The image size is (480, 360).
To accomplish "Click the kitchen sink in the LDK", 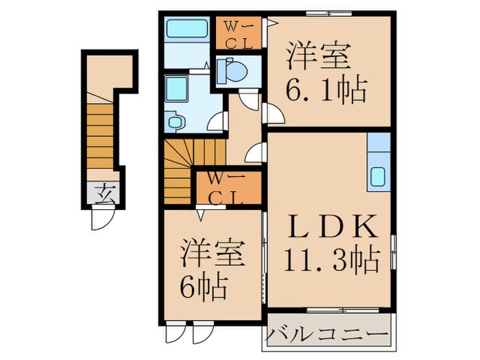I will coord(379,177).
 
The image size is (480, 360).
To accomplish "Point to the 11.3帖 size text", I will coord(331,259).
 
